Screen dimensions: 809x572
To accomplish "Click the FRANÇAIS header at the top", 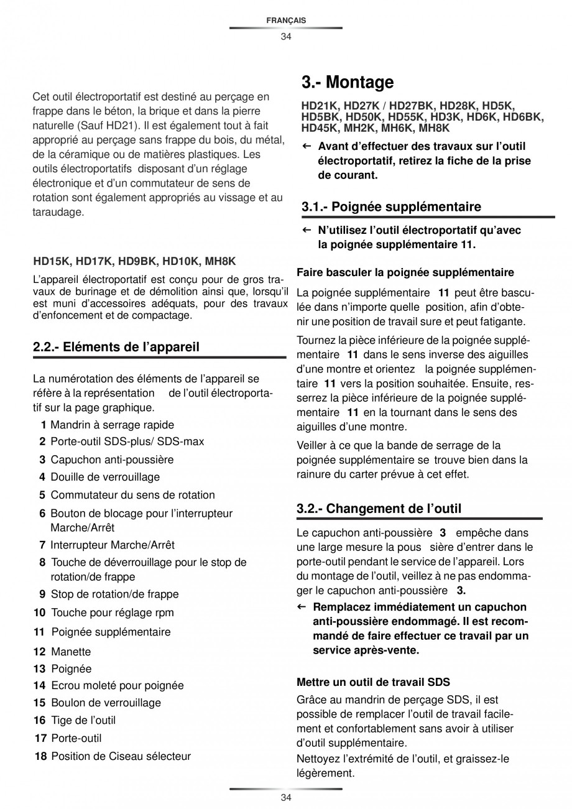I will click(x=285, y=21).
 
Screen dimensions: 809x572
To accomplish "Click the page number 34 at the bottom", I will click(x=285, y=798).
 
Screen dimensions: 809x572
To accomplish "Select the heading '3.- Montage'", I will click(x=348, y=82).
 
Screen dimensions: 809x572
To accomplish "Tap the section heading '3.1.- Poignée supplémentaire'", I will click(x=391, y=206).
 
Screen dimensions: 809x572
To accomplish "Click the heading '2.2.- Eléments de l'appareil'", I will click(x=116, y=347).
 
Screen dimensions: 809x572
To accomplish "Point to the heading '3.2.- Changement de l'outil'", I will click(x=379, y=509).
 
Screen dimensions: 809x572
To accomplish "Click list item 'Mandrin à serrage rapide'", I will click(x=112, y=425).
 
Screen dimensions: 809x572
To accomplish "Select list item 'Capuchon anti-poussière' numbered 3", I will click(x=112, y=460).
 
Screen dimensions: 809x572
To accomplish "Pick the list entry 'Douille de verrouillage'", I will click(x=105, y=478).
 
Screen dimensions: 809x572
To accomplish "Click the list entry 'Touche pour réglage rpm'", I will click(x=112, y=613).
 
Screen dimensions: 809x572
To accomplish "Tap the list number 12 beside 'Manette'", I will click(x=40, y=652).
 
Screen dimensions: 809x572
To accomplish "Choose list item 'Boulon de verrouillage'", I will click(x=106, y=703).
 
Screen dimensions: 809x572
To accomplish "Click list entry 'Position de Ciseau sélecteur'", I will click(x=121, y=757).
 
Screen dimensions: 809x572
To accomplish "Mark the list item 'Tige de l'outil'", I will click(x=83, y=720).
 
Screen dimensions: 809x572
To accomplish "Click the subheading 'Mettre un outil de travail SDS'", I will click(x=373, y=682).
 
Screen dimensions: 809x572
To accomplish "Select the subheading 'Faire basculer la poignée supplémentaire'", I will click(x=405, y=272).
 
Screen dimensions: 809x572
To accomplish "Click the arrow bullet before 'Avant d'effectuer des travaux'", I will click(x=307, y=147).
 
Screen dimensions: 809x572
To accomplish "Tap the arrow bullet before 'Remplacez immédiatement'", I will click(x=302, y=607).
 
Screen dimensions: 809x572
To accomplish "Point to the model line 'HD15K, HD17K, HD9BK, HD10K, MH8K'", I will click(x=134, y=262).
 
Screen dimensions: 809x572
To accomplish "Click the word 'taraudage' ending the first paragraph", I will click(x=58, y=212).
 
